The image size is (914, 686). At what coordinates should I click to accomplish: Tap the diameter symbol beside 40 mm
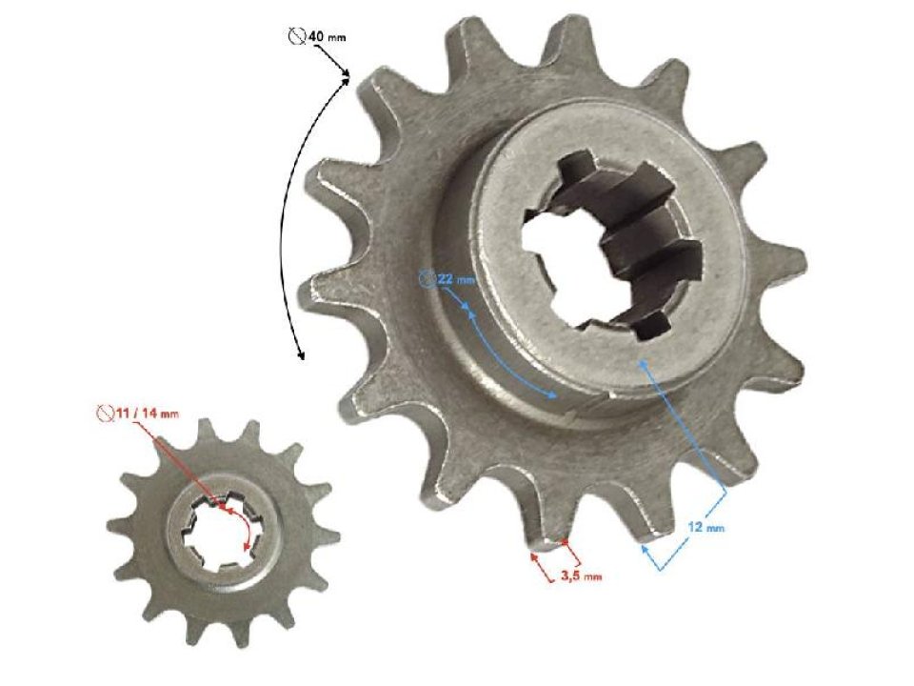tap(295, 37)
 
